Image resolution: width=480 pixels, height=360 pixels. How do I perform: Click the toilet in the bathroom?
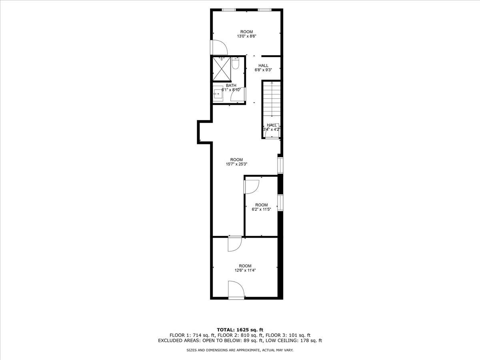pos(235,64)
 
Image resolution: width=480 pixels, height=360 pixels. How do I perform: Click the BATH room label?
pos(231,85)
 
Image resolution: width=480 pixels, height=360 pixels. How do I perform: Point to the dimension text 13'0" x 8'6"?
pos(246,36)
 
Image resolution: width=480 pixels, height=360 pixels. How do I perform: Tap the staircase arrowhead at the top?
pos(272,82)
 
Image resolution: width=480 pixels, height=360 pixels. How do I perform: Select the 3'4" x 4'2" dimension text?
pos(272,130)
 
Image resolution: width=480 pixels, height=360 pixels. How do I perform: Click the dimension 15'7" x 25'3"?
pos(236,164)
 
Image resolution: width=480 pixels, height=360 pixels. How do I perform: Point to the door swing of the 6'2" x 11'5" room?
pos(252,186)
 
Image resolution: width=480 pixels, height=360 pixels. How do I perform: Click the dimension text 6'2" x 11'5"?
pos(261,209)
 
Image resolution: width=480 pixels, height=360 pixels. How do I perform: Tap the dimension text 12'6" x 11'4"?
pos(245,270)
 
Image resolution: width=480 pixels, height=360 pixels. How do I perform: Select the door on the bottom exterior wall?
pos(235,290)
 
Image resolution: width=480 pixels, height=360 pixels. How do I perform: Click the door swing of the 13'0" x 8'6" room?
pos(219,47)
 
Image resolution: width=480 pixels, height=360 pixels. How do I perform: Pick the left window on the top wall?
pos(228,9)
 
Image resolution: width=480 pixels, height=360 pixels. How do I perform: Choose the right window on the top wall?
pos(264,9)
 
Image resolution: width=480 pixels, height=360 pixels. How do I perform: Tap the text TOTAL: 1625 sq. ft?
pos(240,330)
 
